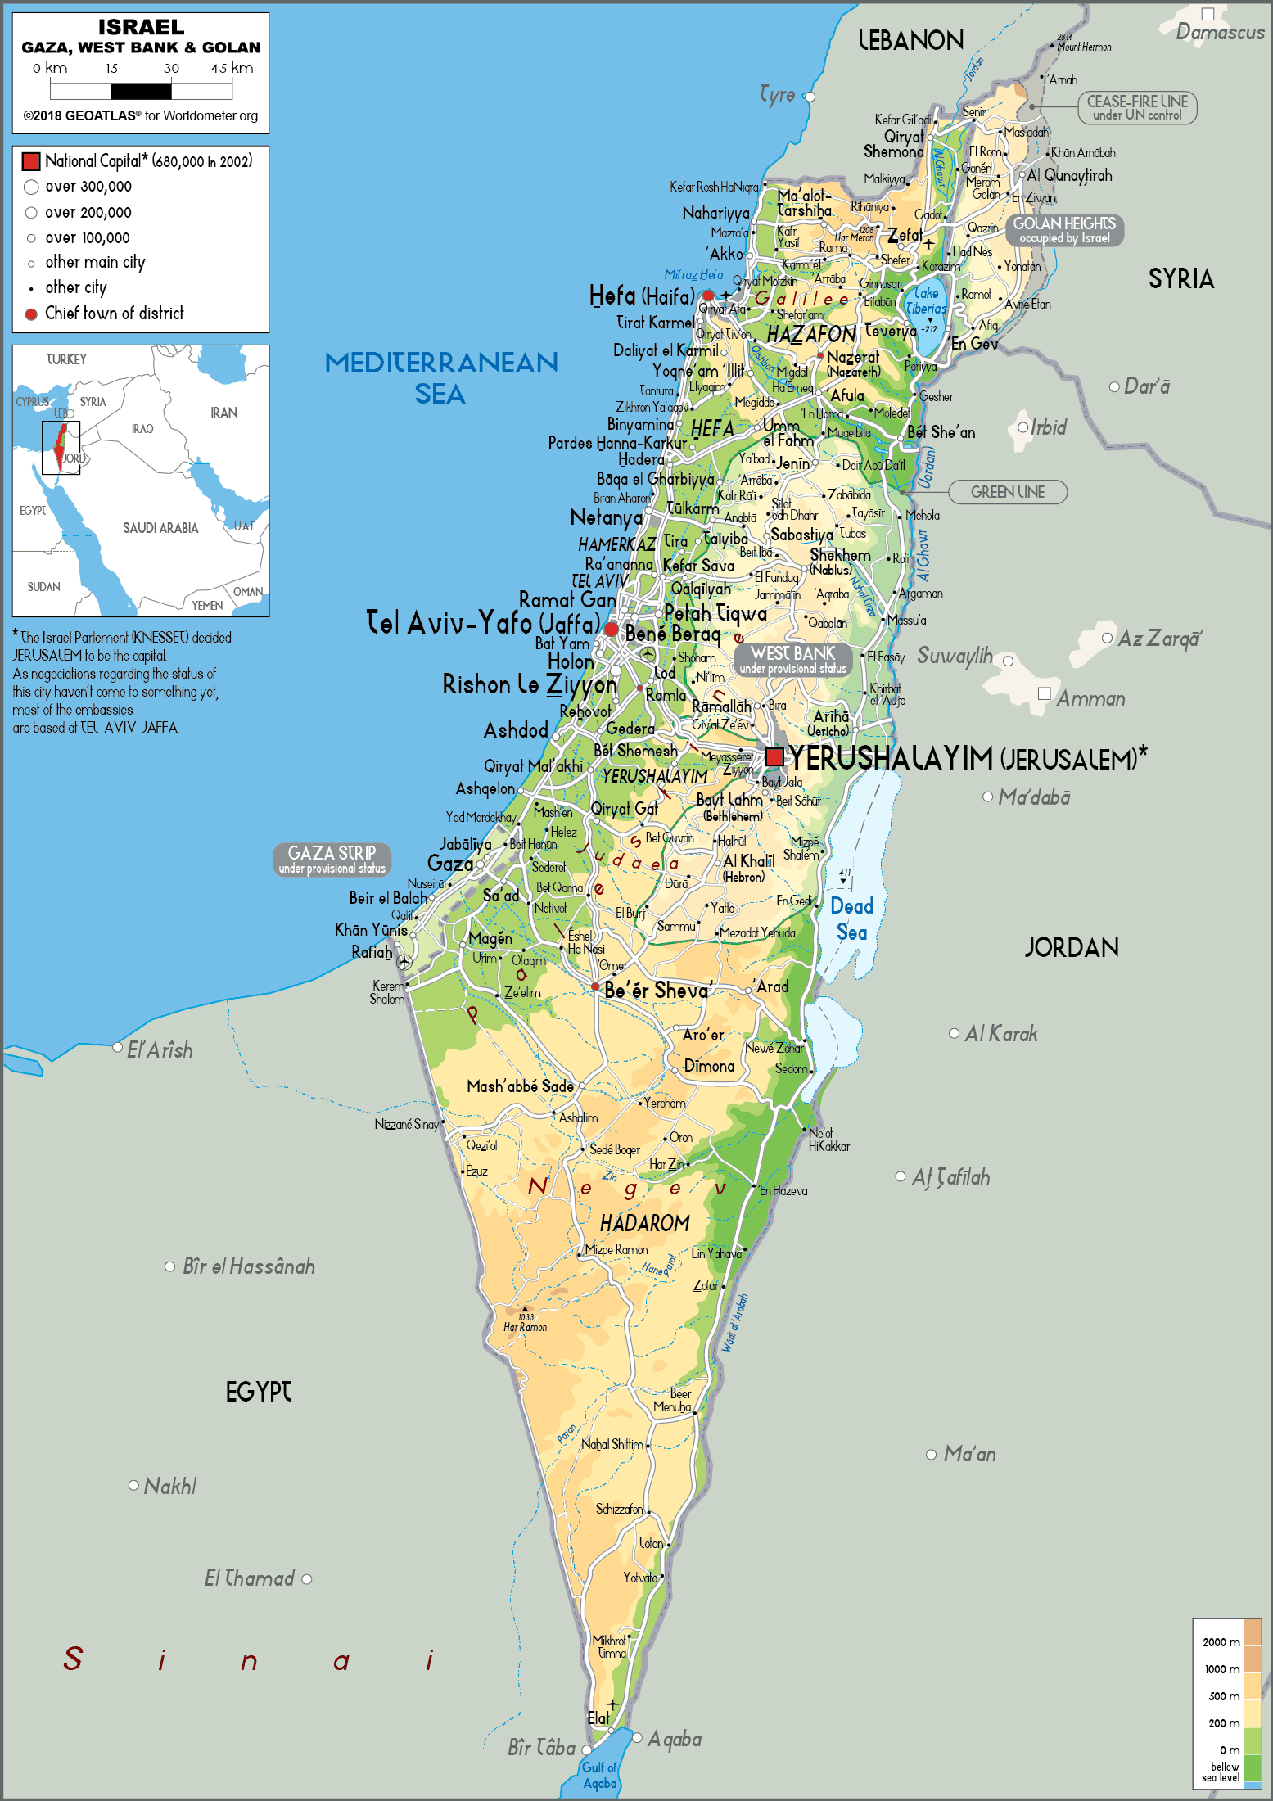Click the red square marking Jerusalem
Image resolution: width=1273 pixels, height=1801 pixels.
774,756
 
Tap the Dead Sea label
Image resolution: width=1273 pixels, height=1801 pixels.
851,919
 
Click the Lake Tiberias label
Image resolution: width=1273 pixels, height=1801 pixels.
926,300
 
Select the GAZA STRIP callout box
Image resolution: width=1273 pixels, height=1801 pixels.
332,860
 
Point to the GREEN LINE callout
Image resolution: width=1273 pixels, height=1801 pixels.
1007,492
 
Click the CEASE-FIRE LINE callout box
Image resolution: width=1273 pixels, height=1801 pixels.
1136,107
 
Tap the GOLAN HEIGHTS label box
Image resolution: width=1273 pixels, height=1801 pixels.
1064,230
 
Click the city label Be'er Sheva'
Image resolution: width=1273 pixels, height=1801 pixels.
657,991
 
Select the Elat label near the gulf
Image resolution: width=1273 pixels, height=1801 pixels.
598,1717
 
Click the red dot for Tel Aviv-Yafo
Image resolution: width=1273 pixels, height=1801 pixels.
612,629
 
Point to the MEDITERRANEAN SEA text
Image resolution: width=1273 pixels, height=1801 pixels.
441,377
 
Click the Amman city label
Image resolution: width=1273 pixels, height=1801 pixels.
1090,698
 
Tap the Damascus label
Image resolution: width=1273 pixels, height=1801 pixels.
1220,32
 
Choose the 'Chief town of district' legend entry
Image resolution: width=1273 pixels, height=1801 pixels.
114,314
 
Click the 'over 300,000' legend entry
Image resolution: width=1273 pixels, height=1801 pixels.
88,187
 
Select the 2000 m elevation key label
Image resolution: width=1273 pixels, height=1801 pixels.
1221,1642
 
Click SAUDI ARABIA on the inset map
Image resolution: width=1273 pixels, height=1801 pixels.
160,528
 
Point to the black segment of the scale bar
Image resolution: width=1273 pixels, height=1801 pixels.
141,91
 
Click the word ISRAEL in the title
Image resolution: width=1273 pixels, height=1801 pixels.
141,27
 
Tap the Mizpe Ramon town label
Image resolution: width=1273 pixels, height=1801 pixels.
616,1249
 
